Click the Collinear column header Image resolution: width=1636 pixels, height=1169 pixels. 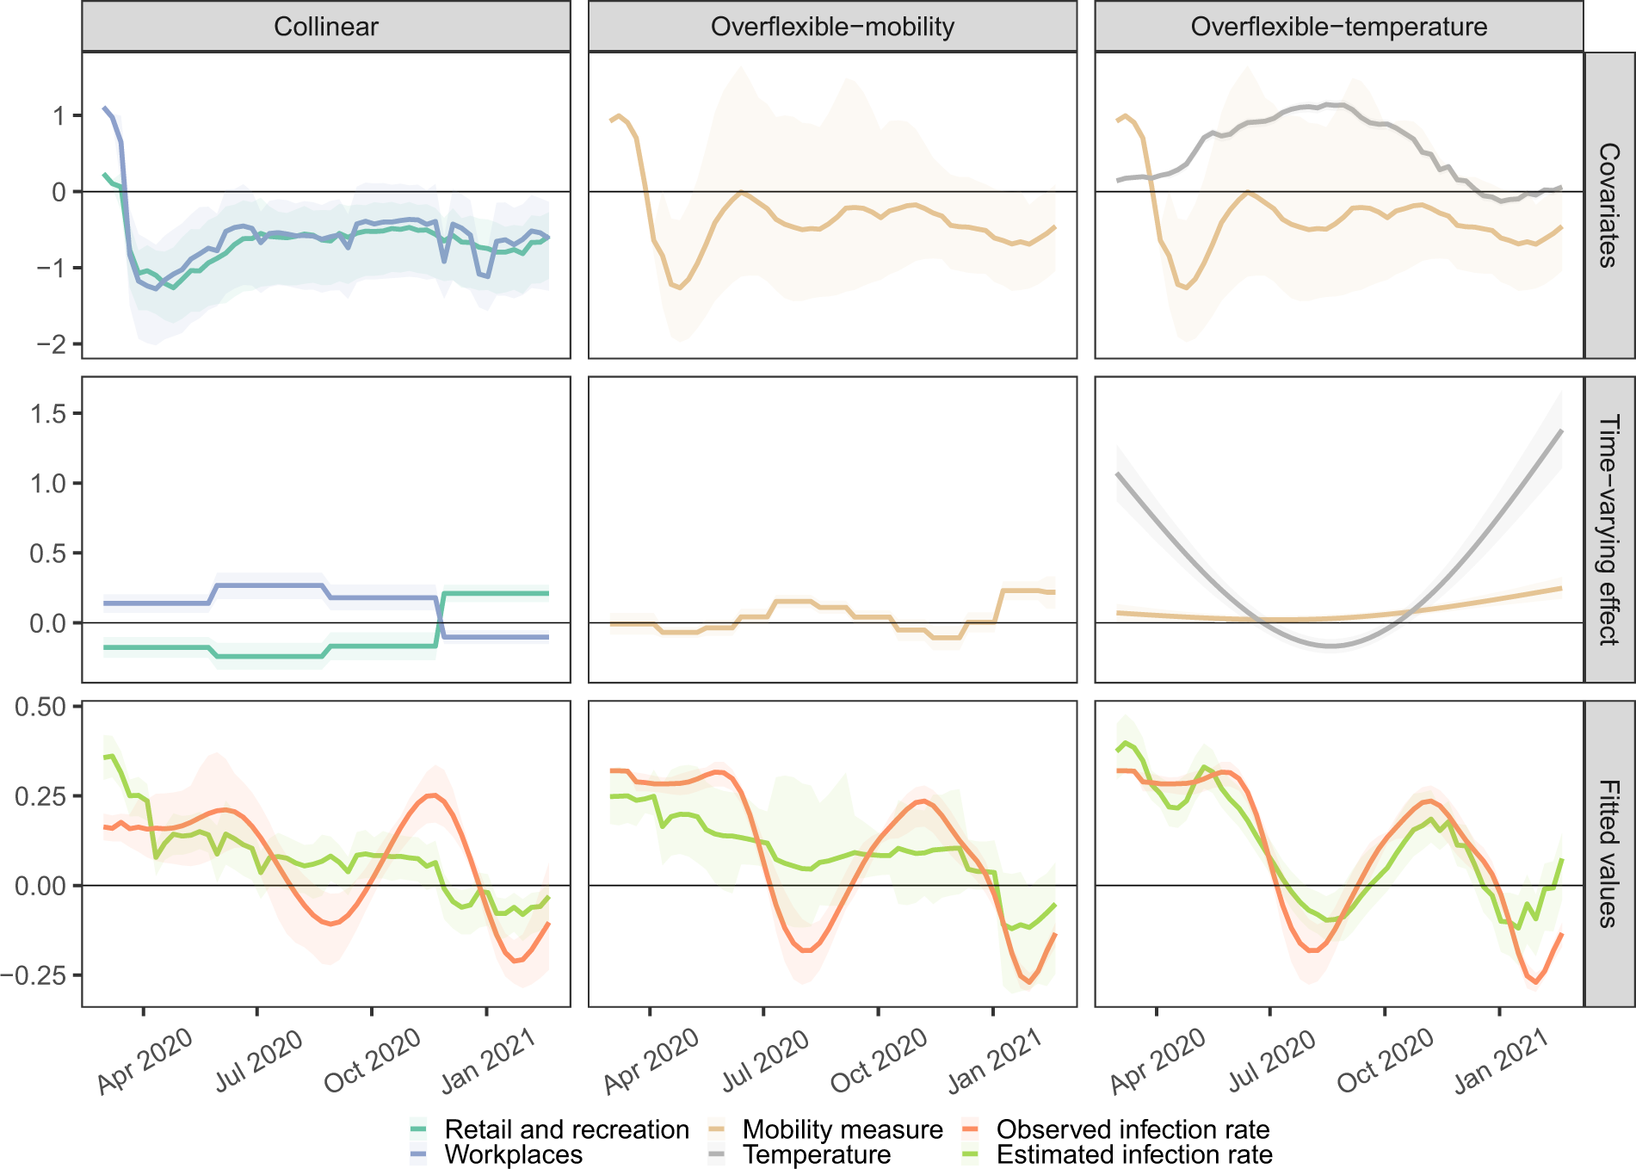[325, 27]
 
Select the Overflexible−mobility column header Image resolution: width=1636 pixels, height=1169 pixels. [832, 27]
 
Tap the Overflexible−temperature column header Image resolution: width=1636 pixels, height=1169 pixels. [1338, 27]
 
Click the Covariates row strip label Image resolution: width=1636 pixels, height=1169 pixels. [1608, 205]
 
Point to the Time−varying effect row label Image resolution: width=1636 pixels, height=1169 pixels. [1608, 529]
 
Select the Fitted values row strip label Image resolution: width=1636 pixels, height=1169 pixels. [1608, 853]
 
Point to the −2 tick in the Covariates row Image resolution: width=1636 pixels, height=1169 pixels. [51, 344]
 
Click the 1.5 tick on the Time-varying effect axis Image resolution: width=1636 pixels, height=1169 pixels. [48, 414]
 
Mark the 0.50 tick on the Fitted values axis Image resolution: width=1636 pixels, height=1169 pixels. [40, 708]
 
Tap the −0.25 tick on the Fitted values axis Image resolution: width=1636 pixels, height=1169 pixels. [34, 976]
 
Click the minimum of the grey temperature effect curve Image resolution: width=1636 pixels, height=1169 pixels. [1330, 646]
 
